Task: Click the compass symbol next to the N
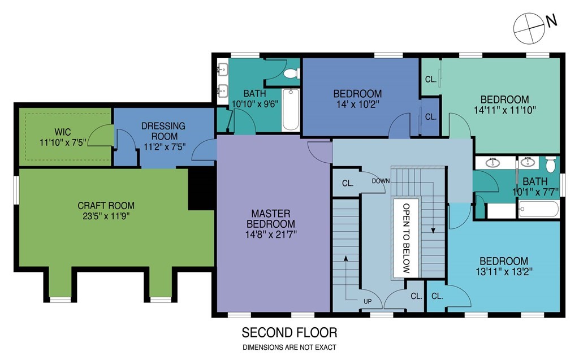(x=529, y=28)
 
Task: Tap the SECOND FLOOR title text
(x=289, y=333)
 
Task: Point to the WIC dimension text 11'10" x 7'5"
(x=63, y=142)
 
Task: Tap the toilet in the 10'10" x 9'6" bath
(x=292, y=73)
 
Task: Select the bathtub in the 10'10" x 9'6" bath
(x=290, y=109)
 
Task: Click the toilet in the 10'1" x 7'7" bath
(x=551, y=164)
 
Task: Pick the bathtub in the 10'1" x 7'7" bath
(x=539, y=209)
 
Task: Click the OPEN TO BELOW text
(x=406, y=238)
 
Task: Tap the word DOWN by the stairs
(x=381, y=181)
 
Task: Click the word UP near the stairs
(x=368, y=302)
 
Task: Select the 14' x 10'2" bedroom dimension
(x=357, y=105)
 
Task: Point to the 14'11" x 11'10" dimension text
(x=505, y=110)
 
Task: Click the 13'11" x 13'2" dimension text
(x=504, y=272)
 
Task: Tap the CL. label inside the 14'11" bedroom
(x=431, y=79)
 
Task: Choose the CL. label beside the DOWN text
(x=348, y=183)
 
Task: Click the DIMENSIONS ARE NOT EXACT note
(x=289, y=348)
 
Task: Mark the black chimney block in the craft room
(x=201, y=189)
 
